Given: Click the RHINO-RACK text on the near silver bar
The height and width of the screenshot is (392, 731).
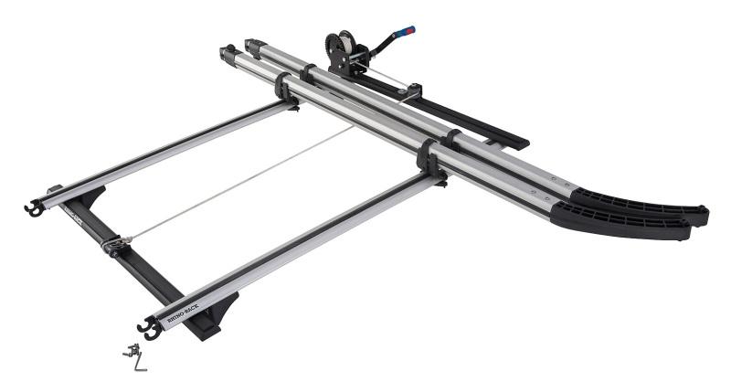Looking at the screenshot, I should (180, 312).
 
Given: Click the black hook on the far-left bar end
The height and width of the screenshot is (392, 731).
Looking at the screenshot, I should (33, 208).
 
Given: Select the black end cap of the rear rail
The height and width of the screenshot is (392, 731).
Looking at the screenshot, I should (252, 43).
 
